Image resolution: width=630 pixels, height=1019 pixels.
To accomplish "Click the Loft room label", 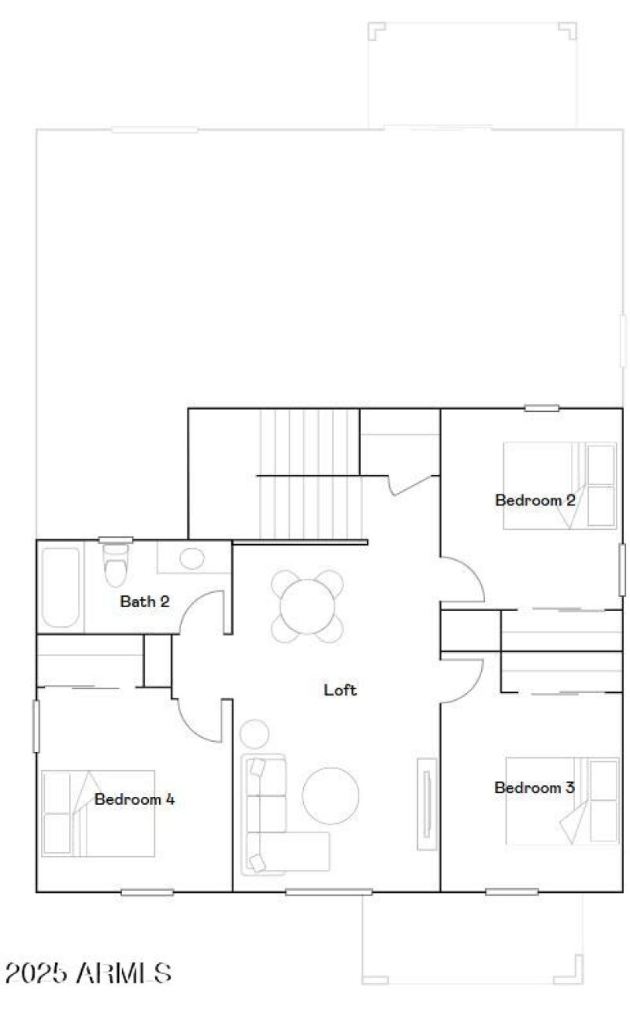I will (x=340, y=690).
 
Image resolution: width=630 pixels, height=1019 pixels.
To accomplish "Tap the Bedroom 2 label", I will (x=535, y=500).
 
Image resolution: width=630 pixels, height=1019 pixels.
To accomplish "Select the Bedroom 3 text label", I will (x=534, y=787).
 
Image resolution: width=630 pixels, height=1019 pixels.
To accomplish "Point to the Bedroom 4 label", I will (x=135, y=799).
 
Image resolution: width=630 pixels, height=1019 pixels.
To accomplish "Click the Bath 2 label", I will (x=144, y=602).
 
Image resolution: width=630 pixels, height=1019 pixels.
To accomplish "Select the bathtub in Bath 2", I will (x=61, y=587).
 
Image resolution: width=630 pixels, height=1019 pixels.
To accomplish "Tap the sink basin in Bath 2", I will (x=191, y=558).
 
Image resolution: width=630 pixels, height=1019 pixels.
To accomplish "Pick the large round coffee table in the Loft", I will (x=332, y=795).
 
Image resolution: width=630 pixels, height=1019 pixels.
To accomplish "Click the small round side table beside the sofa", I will (x=254, y=735).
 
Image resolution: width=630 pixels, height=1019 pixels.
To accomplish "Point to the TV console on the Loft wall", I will (x=426, y=803).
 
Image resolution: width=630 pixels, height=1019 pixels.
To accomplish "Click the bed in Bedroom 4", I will (x=98, y=813).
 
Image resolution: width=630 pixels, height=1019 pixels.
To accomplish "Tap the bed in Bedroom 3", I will (x=561, y=800).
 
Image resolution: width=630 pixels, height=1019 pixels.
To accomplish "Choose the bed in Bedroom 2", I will (x=560, y=485).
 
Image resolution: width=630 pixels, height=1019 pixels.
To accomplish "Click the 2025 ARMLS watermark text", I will (x=88, y=973).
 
